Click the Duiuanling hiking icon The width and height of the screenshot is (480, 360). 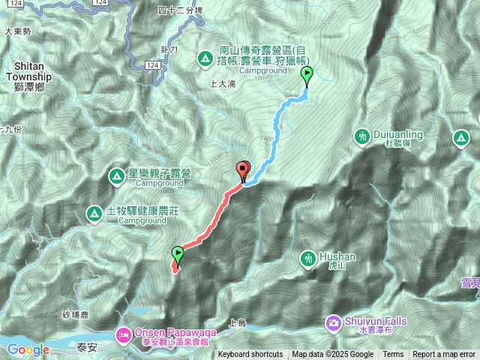coord(363,136)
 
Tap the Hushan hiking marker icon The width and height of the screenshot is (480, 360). coord(307,259)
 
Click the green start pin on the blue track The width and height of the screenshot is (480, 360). coord(307,74)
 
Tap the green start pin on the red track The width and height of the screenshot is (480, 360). coord(178,253)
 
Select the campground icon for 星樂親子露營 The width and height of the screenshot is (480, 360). coord(116,177)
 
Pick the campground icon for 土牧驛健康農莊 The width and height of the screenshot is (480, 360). coord(94,214)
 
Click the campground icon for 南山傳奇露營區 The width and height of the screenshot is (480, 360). coord(204,58)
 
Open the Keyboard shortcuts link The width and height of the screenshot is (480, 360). coord(250,355)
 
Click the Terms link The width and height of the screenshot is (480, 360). coord(393,355)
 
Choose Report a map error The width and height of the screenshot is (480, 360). coord(444,355)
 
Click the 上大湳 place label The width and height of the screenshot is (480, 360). coord(224,84)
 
